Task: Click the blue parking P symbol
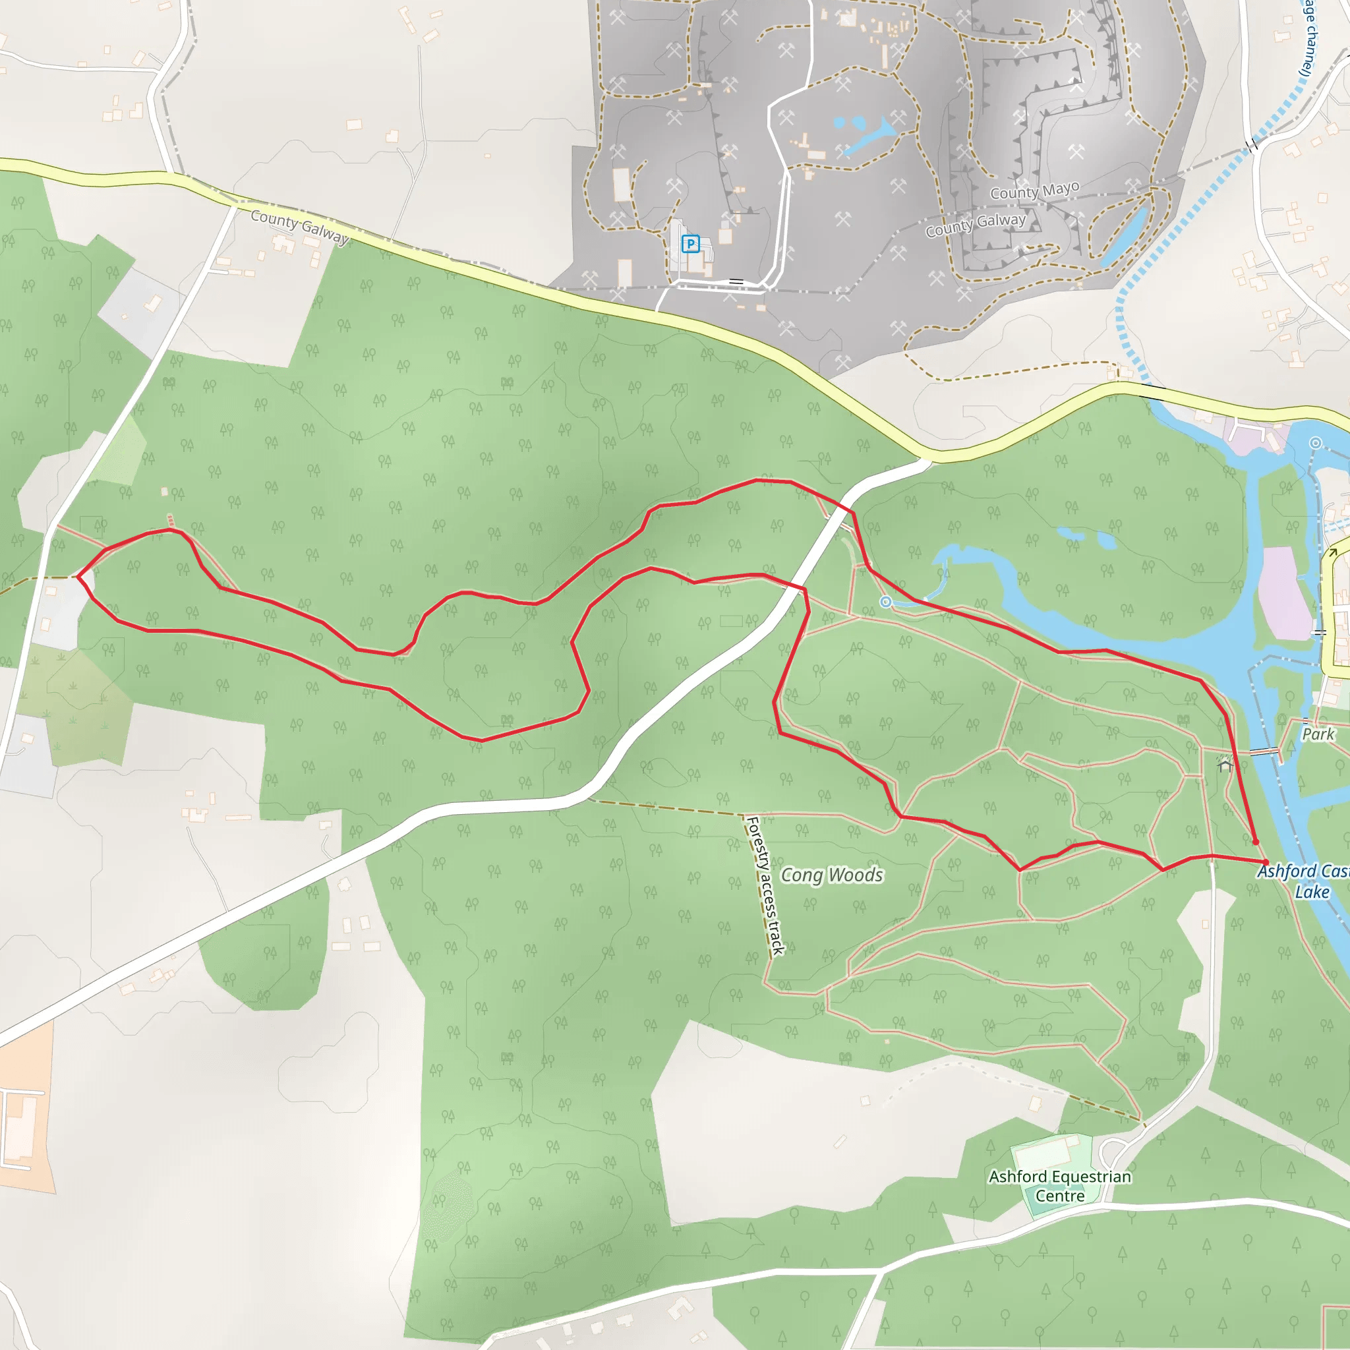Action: coord(690,244)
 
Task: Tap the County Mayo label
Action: coord(1034,190)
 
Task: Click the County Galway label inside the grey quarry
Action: coord(976,224)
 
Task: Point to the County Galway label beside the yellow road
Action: coord(299,225)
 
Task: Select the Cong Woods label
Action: coord(831,875)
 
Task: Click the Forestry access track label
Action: coord(765,885)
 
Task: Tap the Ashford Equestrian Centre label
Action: coord(1059,1186)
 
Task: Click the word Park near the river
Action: coord(1318,734)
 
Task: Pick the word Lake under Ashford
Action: coord(1312,893)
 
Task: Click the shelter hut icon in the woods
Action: coord(1224,766)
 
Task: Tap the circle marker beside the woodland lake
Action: coord(885,602)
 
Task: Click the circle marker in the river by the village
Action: coord(1316,442)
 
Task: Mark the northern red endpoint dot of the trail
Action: coord(1255,842)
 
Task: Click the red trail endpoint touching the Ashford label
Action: coord(1265,862)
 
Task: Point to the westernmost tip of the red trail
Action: coord(78,577)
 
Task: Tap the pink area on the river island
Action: coord(1284,594)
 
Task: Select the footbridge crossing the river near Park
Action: coord(1264,752)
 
